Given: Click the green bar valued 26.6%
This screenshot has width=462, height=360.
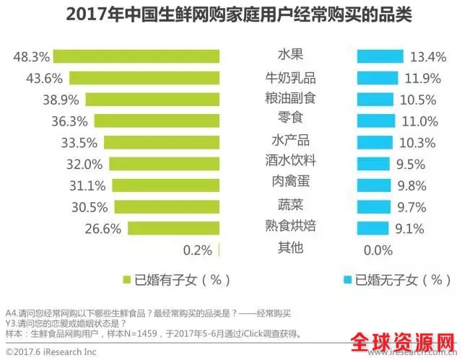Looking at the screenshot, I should point(173,229).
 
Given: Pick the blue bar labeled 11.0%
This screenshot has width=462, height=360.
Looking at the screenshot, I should point(376,120).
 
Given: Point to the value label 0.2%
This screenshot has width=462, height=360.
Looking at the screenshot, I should point(198,250).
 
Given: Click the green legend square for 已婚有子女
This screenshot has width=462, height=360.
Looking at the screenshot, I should point(126,280).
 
